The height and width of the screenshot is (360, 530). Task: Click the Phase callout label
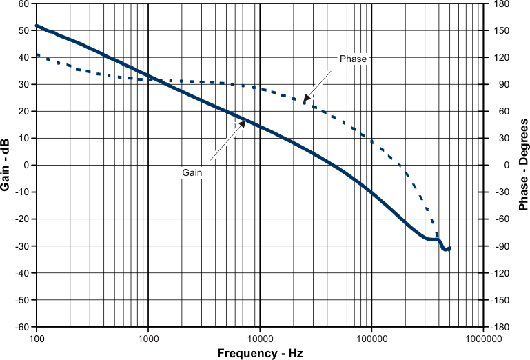353,59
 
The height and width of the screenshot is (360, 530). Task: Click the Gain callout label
192,172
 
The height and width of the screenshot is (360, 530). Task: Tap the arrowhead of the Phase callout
305,100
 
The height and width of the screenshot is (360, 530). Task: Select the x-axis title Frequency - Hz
260,353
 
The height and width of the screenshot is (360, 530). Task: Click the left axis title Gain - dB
6,165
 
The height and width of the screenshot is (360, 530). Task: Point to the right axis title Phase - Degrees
523,165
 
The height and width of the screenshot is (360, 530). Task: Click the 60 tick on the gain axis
23,3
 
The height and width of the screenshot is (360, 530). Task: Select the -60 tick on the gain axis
21,327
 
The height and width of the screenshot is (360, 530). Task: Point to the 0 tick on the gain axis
26,166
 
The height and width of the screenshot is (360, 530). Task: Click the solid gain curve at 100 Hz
37,26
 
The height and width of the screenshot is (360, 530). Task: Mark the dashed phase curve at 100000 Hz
371,141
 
